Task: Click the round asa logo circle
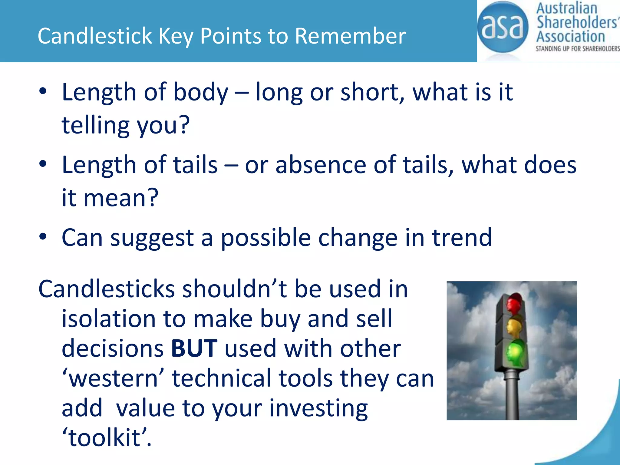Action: [502, 27]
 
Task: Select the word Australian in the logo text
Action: [566, 8]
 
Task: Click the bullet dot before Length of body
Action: [43, 91]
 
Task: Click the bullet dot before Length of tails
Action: [43, 164]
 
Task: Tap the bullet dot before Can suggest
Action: [43, 236]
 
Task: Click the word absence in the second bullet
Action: [321, 165]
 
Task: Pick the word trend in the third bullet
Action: [462, 238]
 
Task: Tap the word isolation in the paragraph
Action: [108, 319]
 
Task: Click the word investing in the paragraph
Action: [318, 408]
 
